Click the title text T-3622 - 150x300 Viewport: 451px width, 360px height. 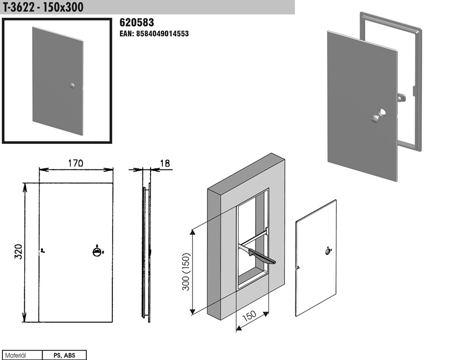click(x=43, y=7)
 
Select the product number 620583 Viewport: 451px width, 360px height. click(x=137, y=22)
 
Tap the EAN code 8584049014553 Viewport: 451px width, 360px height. click(x=154, y=33)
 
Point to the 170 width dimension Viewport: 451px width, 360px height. click(x=75, y=163)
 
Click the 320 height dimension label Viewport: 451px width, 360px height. click(x=19, y=252)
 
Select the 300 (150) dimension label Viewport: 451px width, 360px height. click(x=186, y=272)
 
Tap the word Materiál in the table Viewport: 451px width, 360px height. click(x=16, y=355)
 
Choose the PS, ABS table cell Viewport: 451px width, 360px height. click(x=64, y=355)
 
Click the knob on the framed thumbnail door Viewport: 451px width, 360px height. click(x=72, y=85)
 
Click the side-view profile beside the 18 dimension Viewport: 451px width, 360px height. click(x=146, y=253)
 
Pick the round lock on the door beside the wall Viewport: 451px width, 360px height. click(x=328, y=252)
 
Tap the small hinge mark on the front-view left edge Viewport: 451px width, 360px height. click(x=42, y=251)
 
